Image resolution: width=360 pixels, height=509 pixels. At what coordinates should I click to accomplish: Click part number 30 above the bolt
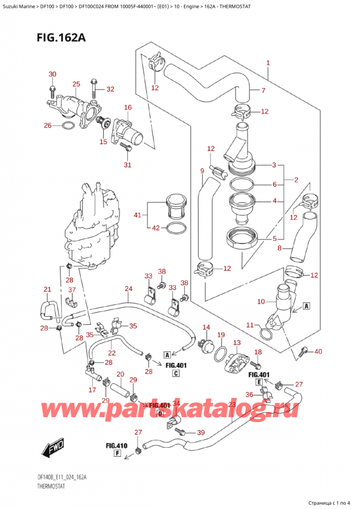click(x=52, y=74)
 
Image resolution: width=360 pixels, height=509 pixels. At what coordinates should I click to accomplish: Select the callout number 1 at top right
click(x=268, y=62)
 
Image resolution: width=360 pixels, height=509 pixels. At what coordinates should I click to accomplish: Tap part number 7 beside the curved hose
click(x=263, y=91)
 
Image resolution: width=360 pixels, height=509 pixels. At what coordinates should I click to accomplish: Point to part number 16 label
click(x=127, y=107)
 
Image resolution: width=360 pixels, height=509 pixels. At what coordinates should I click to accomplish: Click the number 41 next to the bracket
click(x=138, y=214)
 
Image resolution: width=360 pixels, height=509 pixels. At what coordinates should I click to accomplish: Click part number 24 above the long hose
click(x=128, y=289)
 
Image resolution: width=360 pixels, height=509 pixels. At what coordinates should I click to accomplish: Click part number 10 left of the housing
click(x=260, y=301)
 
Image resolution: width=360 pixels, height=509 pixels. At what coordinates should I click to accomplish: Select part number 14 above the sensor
click(x=206, y=327)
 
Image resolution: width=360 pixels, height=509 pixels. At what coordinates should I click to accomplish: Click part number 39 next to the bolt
click(x=200, y=433)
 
